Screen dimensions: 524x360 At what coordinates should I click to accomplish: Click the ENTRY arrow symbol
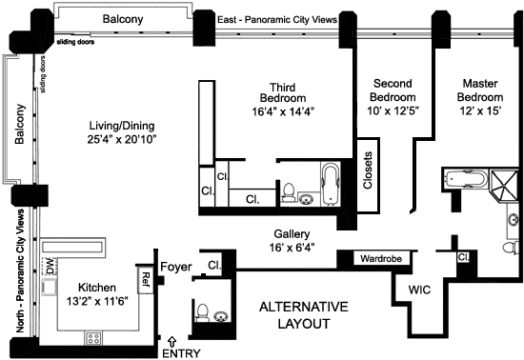click(x=172, y=341)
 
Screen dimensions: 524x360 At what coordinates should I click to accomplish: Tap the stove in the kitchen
click(x=93, y=338)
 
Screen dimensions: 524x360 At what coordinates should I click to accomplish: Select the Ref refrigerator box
click(x=146, y=280)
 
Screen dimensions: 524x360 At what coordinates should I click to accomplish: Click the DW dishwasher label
click(x=50, y=266)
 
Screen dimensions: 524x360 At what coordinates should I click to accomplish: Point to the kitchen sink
click(x=50, y=288)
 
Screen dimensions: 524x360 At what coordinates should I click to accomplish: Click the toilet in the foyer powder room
click(x=203, y=312)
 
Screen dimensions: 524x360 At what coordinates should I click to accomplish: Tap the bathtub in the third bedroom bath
click(x=331, y=184)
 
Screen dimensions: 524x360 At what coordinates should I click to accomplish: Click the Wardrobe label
click(x=381, y=258)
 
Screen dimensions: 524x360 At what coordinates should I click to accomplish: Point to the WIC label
click(x=419, y=290)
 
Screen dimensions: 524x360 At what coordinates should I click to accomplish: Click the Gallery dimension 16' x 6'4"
click(x=292, y=248)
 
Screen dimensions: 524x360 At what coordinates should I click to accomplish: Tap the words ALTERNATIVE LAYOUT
click(x=304, y=315)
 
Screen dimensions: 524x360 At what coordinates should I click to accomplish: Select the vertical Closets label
click(x=368, y=170)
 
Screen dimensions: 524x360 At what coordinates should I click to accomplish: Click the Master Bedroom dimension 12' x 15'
click(x=480, y=110)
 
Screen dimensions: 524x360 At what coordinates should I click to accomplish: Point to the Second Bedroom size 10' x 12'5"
click(x=393, y=110)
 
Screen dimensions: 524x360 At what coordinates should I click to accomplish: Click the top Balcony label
click(x=123, y=19)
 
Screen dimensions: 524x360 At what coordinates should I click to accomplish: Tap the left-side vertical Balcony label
click(x=20, y=124)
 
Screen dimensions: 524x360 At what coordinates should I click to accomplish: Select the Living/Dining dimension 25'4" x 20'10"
click(x=122, y=139)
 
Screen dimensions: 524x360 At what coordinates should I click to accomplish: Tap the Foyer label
click(x=176, y=267)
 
